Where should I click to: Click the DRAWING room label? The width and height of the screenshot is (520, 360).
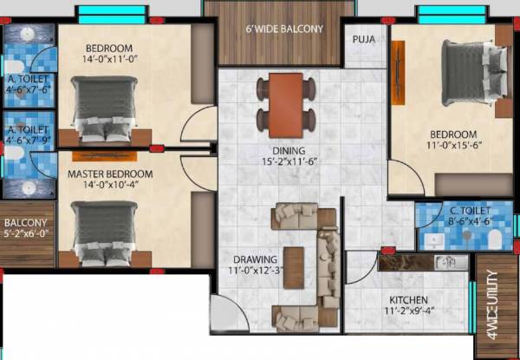coord(255,259)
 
